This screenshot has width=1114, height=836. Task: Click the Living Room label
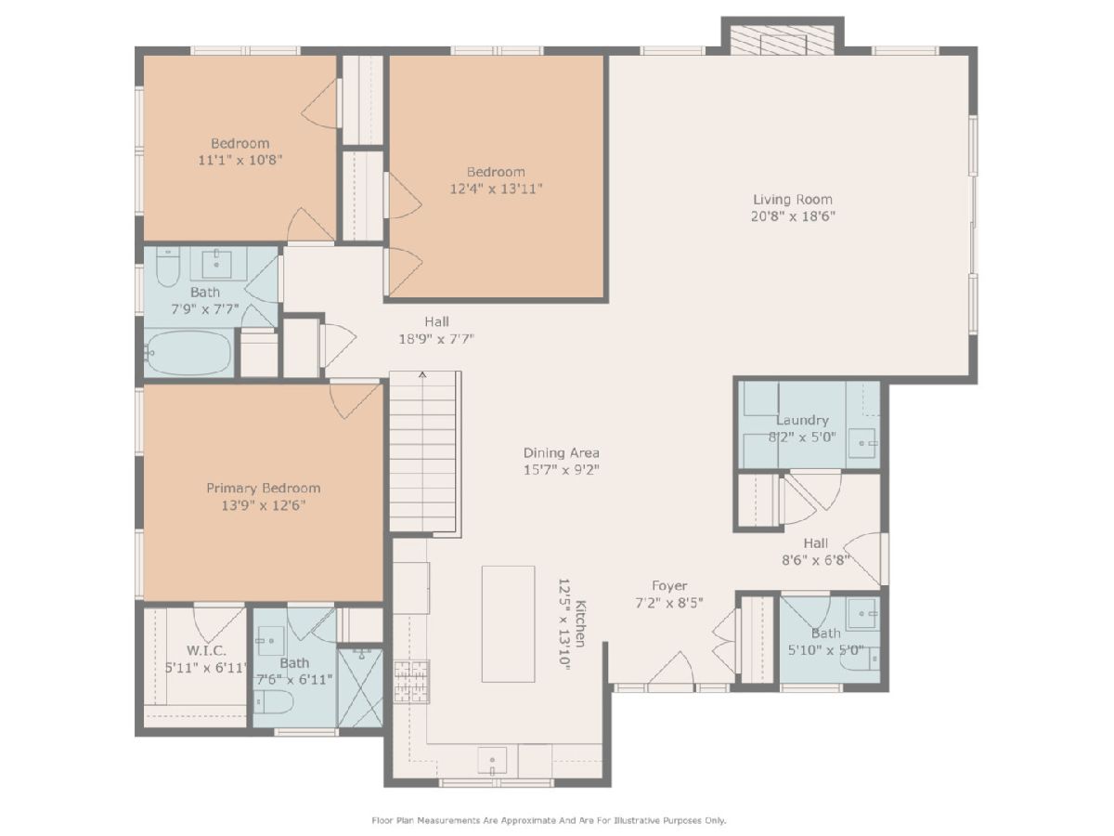coord(792,200)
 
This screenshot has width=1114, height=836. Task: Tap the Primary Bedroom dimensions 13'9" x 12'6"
coord(264,505)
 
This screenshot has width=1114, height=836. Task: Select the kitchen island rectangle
coord(508,624)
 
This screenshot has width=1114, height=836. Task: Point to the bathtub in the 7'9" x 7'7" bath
coord(188,352)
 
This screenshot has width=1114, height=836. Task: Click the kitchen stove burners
coord(411,681)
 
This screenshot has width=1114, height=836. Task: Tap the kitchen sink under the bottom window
coord(492,761)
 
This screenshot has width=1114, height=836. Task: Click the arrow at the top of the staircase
coord(422,375)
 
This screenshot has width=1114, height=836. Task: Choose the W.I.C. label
coord(206,650)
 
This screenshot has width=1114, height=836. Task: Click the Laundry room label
coord(802,420)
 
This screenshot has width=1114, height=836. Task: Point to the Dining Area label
coord(562,452)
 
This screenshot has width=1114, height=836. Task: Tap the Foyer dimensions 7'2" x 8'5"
coord(669,603)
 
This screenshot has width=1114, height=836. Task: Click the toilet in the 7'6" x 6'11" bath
coord(274,701)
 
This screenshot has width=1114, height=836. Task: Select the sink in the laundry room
coord(862,443)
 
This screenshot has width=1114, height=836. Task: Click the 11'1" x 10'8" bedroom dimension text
coord(240,161)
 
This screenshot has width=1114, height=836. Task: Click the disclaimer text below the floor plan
coord(550,820)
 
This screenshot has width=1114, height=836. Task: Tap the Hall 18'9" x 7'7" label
coord(436,330)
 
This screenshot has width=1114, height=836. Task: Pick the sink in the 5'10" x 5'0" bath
coord(862,613)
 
